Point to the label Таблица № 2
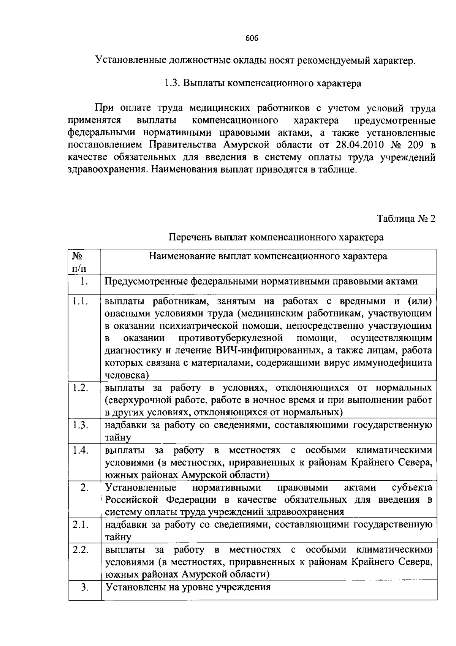pos(406,219)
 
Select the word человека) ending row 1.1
pos(127,375)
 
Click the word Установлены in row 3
pos(134,587)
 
